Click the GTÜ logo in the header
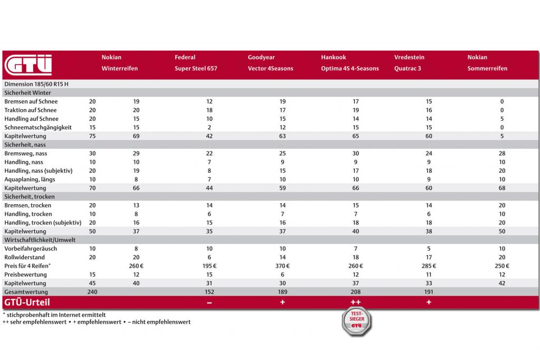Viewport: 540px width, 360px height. point(28,65)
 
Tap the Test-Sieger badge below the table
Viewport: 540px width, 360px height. point(356,321)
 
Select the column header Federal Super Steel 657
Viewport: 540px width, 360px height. point(196,63)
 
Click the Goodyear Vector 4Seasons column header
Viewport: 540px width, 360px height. point(270,63)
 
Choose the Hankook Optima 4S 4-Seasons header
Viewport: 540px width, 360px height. point(349,63)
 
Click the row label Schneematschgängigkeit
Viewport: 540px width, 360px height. point(38,127)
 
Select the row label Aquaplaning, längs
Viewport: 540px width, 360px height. point(30,179)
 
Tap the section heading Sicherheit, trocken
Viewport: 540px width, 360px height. point(29,197)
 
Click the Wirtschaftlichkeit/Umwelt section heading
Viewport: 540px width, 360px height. point(40,240)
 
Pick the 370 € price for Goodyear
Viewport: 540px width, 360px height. point(282,266)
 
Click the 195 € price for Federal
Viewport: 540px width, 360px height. point(210,266)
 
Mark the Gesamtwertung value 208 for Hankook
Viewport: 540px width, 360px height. point(356,292)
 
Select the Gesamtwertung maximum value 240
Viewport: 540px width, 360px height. point(92,292)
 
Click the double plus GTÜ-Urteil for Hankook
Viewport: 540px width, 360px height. point(356,302)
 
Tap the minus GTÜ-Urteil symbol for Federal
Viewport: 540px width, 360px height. point(210,302)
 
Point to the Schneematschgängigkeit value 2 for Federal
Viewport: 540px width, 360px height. point(210,127)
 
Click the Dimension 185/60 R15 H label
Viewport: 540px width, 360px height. point(36,84)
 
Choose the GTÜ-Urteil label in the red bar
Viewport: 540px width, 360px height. point(27,302)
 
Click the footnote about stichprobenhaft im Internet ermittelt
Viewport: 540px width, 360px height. point(54,315)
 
